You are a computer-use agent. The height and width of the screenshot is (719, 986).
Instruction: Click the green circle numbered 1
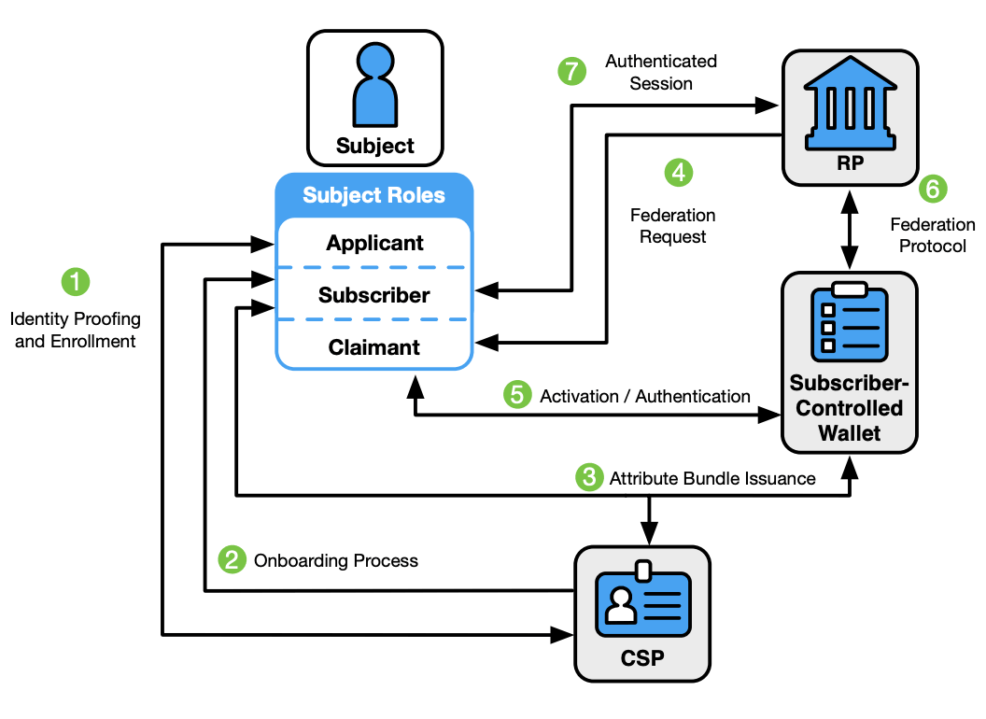tap(76, 281)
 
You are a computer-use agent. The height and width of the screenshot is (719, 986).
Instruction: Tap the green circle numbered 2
tap(231, 560)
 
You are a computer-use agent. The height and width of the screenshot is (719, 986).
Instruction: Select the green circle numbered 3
tap(587, 478)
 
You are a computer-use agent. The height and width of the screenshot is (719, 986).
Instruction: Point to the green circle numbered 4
tap(678, 173)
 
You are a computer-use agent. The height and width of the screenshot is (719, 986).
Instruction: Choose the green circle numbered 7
tap(571, 71)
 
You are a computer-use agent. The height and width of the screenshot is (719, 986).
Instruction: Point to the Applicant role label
tap(374, 244)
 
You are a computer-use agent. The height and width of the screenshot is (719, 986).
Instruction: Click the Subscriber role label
tap(374, 296)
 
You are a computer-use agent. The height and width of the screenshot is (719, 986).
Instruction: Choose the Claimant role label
tap(374, 348)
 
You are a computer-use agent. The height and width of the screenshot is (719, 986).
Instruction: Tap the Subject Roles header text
tap(374, 196)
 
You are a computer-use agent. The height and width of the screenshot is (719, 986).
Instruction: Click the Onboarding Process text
tap(336, 561)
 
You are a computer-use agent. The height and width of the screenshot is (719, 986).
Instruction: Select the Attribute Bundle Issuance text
tap(712, 479)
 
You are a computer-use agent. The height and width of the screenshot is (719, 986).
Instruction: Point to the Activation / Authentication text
tap(645, 397)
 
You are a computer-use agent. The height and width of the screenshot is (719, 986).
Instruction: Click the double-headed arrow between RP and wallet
tap(849, 230)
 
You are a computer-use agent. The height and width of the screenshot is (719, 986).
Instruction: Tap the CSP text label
tap(642, 658)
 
